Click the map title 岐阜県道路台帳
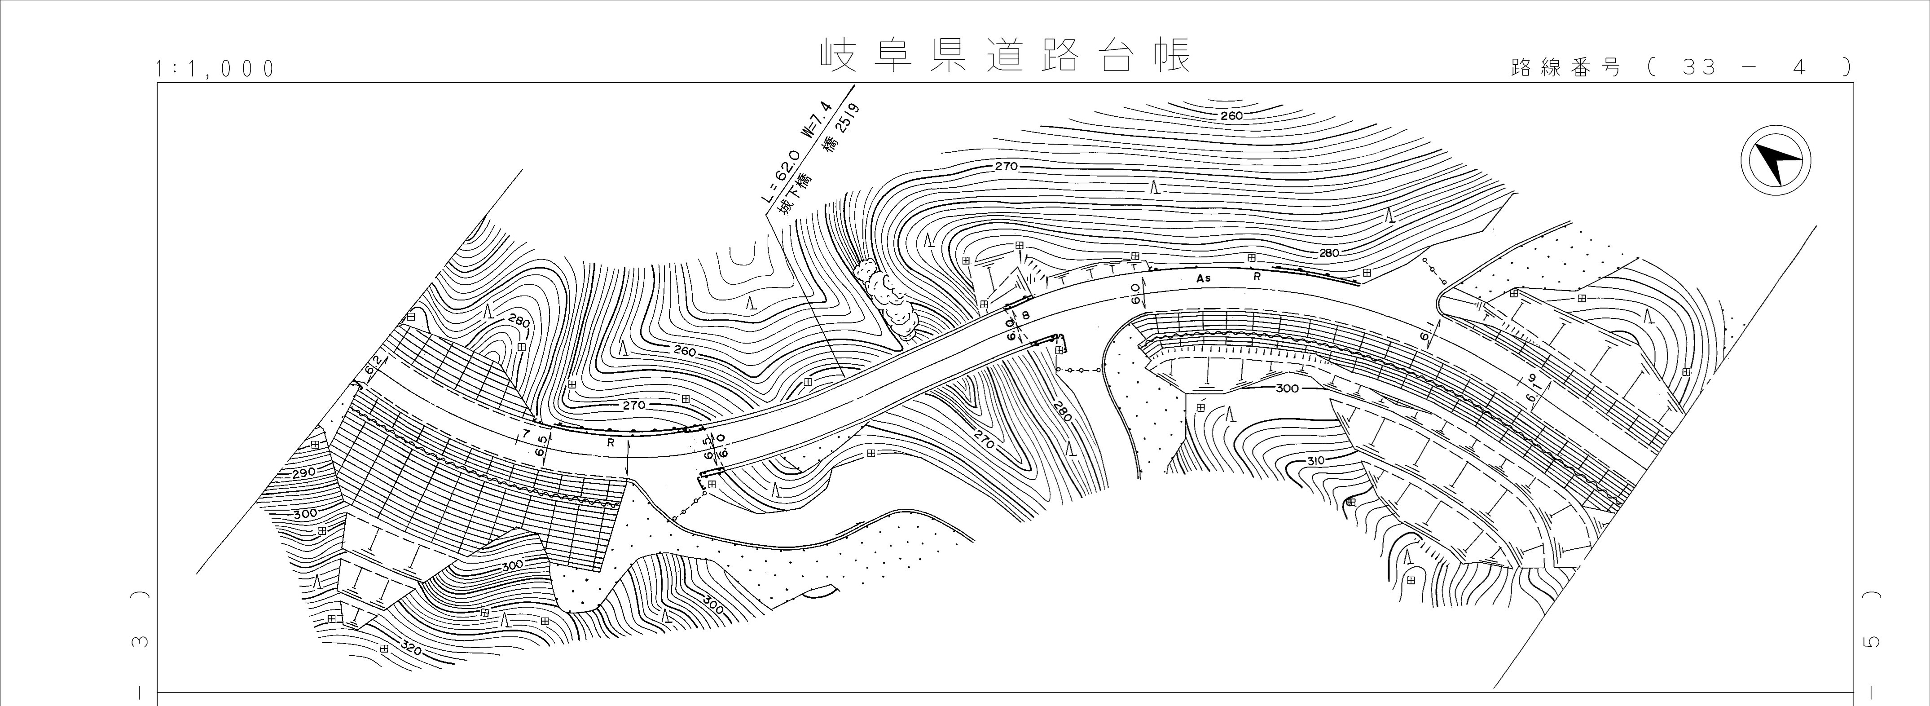[x=1004, y=55]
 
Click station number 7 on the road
[x=526, y=435]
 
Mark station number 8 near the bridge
[x=1026, y=316]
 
